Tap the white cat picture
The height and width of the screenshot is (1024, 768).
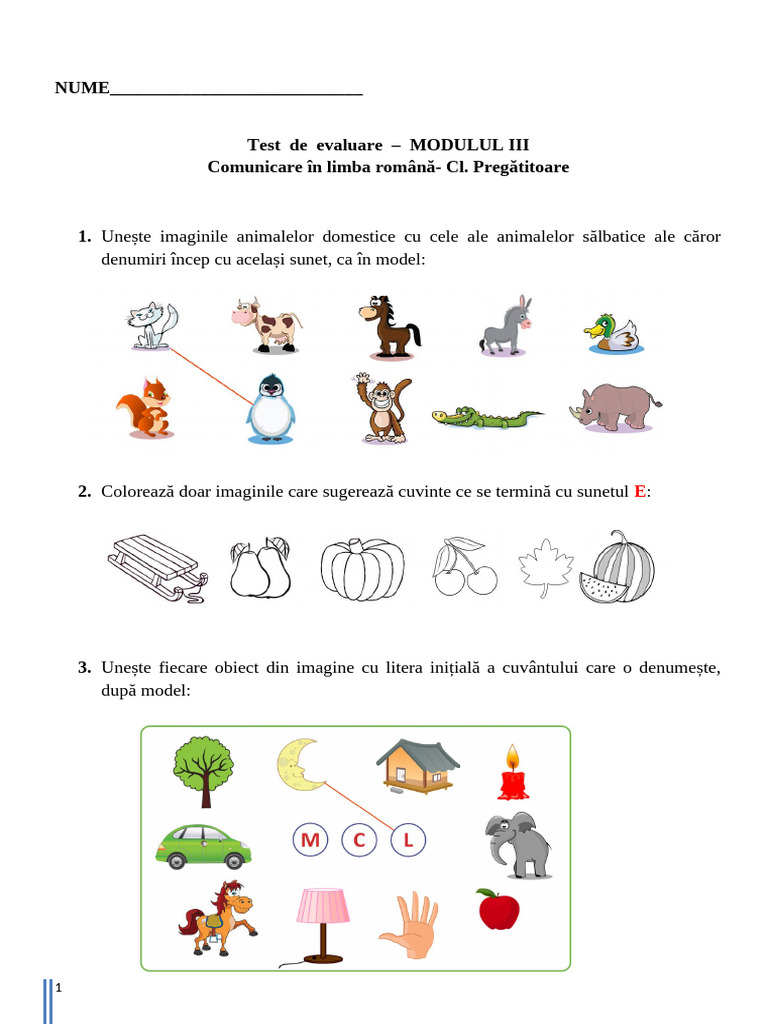click(x=153, y=326)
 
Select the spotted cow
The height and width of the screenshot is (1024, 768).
click(x=265, y=325)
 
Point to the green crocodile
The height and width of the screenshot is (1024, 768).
click(x=487, y=417)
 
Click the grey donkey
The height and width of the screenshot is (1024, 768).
click(x=507, y=326)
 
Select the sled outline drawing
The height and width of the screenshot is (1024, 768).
click(x=156, y=567)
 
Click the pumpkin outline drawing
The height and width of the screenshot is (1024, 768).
click(x=363, y=569)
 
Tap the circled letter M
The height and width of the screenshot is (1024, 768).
click(x=310, y=841)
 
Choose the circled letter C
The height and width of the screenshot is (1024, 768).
click(x=359, y=841)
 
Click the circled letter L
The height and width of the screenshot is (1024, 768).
click(x=408, y=841)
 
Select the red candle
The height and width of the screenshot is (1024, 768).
click(x=513, y=774)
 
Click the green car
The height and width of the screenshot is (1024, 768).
click(x=203, y=846)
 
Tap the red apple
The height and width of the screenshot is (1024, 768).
click(x=498, y=909)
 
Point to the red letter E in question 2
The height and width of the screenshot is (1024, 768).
click(x=640, y=491)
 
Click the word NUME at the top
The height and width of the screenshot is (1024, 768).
click(x=82, y=88)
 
